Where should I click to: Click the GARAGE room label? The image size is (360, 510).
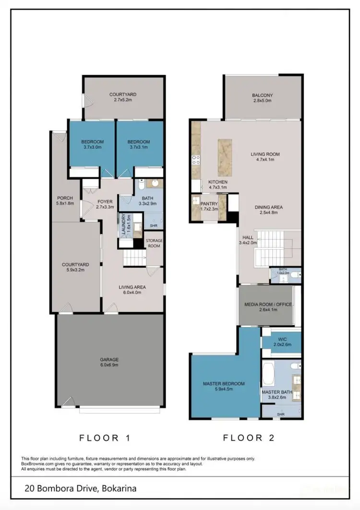(x=109, y=359)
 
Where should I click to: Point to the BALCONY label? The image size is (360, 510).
(x=262, y=95)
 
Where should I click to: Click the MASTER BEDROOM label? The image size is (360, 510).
(x=224, y=384)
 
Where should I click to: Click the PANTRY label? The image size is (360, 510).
(x=209, y=204)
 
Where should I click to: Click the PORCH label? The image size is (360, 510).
(x=65, y=198)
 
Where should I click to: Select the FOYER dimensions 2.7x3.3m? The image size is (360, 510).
(x=105, y=207)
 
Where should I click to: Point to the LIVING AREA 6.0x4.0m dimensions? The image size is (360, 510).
(x=132, y=293)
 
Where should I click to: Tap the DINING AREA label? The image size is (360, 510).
(x=268, y=207)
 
